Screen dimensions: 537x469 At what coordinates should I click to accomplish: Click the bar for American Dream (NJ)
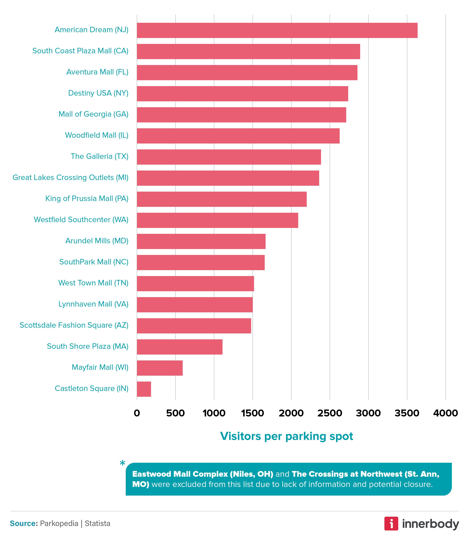tap(277, 30)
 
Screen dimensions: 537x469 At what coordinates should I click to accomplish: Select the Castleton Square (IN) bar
tap(144, 389)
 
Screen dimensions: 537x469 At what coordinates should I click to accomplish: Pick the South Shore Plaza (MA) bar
tap(180, 347)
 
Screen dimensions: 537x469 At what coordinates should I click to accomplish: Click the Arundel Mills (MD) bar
tap(201, 241)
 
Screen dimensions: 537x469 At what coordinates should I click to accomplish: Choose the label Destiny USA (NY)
tap(98, 93)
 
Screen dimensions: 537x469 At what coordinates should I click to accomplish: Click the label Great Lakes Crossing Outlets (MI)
tap(70, 177)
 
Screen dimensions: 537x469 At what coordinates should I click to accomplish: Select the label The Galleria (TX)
tap(99, 156)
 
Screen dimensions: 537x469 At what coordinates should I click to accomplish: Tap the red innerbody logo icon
tap(391, 524)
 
